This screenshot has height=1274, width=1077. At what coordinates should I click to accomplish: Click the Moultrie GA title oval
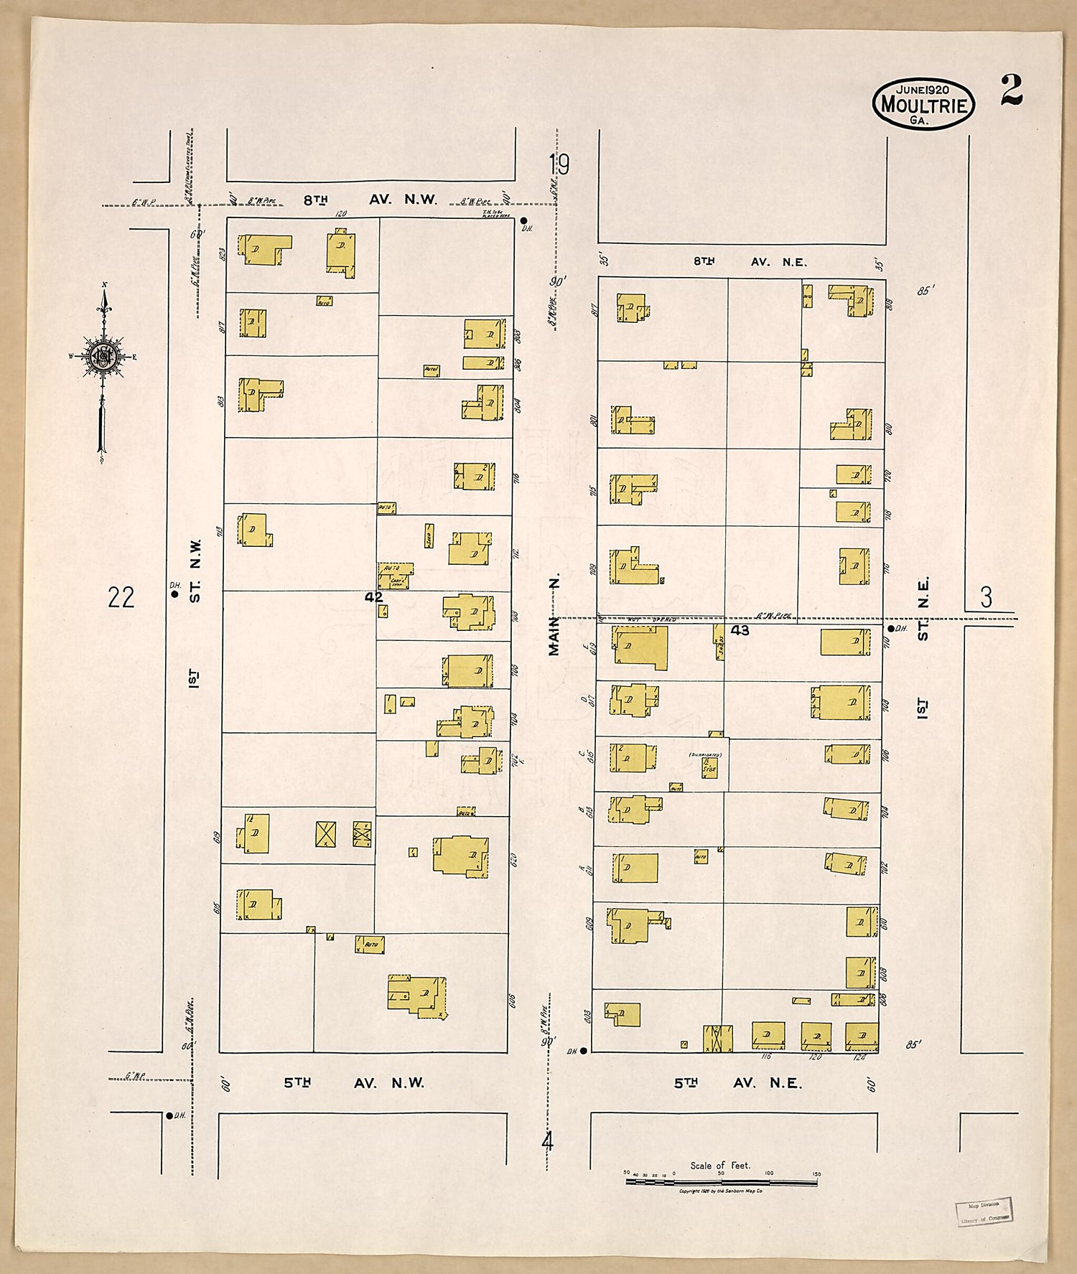tap(923, 104)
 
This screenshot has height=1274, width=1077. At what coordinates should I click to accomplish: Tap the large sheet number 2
tap(1012, 90)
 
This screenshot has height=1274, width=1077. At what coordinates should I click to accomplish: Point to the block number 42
tap(373, 597)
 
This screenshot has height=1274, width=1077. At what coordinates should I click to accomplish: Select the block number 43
tap(740, 630)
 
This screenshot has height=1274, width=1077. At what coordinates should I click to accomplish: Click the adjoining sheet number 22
tap(121, 597)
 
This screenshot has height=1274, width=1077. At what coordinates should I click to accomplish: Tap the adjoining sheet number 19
tap(559, 165)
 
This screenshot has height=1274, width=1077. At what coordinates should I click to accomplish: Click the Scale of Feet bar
tap(722, 1180)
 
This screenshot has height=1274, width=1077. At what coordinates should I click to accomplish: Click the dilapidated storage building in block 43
tap(709, 768)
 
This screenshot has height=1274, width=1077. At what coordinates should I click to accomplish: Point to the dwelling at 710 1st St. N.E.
tap(845, 642)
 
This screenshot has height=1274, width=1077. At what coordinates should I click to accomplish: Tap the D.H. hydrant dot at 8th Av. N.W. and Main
tap(524, 221)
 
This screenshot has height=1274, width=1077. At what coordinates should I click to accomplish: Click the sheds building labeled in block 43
tap(718, 642)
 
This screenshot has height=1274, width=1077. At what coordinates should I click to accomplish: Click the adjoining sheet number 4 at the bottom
tap(548, 1141)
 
